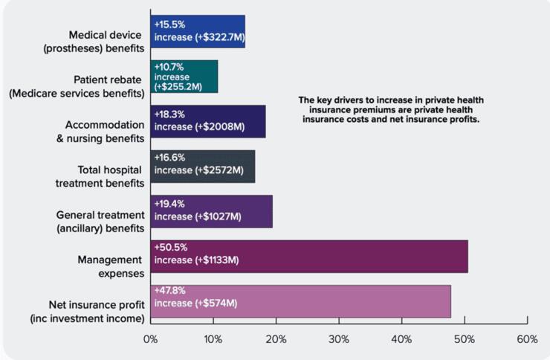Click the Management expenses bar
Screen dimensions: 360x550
coord(309,256)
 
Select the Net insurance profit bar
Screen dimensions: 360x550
coord(300,300)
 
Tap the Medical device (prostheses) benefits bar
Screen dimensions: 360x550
coord(198,32)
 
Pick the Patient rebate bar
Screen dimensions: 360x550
coord(184,77)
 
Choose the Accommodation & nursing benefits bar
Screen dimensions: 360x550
coord(208,121)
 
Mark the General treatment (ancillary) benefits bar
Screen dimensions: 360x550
coord(211,211)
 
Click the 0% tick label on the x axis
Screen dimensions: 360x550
coord(150,340)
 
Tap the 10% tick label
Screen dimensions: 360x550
coord(213,340)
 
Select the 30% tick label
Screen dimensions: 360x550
coord(339,340)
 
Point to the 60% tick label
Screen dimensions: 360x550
coord(527,340)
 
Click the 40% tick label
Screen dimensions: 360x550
coord(401,340)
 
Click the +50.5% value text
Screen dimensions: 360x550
coord(170,247)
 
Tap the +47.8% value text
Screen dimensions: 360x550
coord(170,291)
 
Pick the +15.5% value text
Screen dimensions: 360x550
coord(169,23)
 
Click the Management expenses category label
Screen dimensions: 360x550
coord(109,266)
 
